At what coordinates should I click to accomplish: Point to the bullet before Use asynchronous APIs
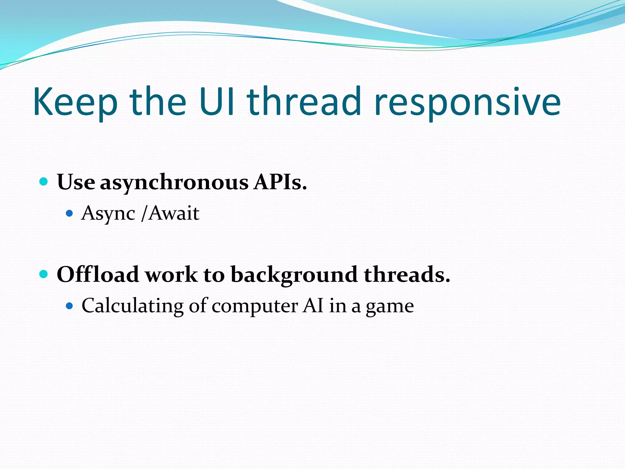44,182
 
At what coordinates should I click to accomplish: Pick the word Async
108,213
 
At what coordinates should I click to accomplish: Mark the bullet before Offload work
44,274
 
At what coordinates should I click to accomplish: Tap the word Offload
98,274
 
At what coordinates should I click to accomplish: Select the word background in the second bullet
294,275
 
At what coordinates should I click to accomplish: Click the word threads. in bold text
407,274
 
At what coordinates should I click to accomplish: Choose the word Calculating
132,306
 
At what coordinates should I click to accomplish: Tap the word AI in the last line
313,305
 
